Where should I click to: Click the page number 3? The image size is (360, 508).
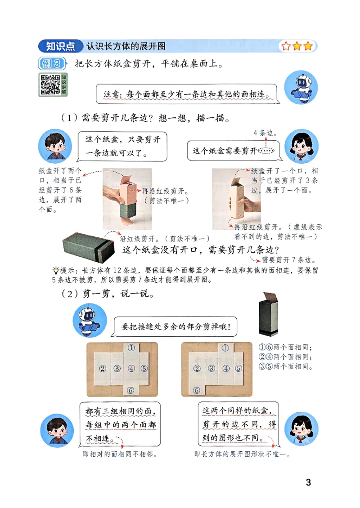(308, 483)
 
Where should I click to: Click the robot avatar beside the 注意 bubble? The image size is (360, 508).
(301, 87)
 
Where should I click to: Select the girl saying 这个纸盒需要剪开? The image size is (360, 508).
(301, 146)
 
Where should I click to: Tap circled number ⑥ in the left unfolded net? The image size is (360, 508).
(131, 390)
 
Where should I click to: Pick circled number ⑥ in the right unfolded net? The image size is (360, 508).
(197, 390)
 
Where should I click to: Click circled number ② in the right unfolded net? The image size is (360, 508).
(197, 369)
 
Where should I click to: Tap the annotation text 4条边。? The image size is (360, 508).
(265, 133)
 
